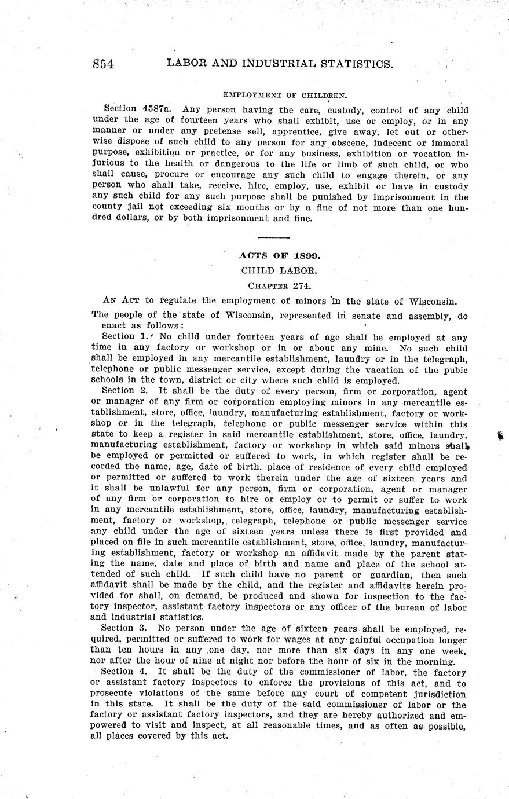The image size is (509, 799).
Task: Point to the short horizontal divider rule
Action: (x=273, y=238)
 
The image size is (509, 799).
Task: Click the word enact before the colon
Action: (x=104, y=326)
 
